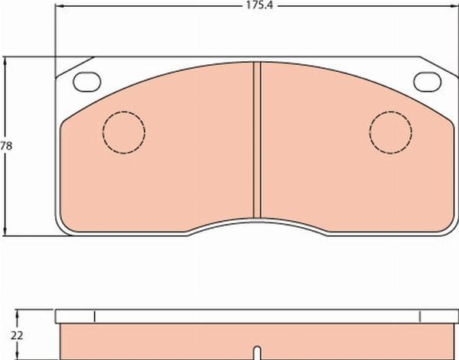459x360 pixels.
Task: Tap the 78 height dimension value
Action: pyautogui.click(x=6, y=145)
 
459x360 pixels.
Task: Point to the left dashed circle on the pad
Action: pyautogui.click(x=124, y=132)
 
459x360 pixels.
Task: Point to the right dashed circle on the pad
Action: pyautogui.click(x=390, y=132)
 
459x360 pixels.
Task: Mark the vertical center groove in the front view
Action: pyautogui.click(x=258, y=141)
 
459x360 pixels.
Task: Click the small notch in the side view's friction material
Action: pyautogui.click(x=257, y=350)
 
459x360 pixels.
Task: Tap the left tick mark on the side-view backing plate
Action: pyautogui.click(x=93, y=316)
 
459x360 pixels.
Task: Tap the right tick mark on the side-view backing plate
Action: pyautogui.click(x=420, y=316)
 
